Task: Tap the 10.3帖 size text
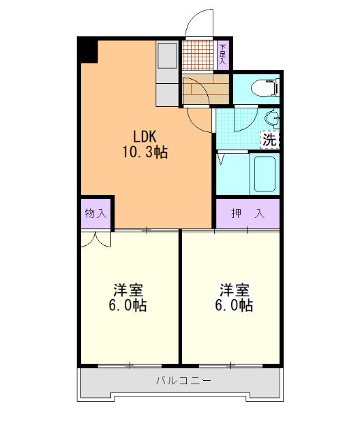click(145, 153)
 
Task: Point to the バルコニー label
click(181, 380)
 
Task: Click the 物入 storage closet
click(95, 213)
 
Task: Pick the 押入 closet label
click(247, 213)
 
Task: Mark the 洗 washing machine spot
click(270, 141)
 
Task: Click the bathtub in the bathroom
click(263, 174)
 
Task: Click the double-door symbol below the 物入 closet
click(95, 238)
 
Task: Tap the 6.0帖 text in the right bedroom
click(233, 306)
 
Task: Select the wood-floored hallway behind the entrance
click(206, 89)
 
